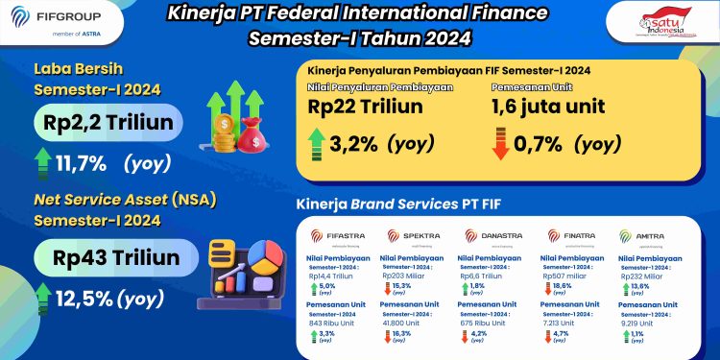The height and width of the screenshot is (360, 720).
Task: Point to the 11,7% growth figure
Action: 72,162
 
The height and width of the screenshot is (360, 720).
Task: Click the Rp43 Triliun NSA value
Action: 106,258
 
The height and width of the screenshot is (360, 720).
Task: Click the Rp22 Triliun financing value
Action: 366,107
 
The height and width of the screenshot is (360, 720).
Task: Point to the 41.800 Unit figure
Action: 405,324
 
